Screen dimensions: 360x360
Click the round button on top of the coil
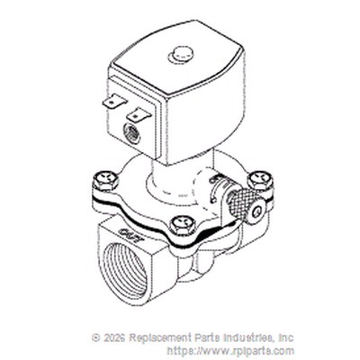tap(181, 55)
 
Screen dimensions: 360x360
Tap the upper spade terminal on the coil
tap(114, 101)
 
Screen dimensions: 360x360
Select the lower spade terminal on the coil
tap(139, 114)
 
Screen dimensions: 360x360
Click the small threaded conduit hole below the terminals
tap(131, 133)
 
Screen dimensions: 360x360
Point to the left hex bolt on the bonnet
tap(105, 180)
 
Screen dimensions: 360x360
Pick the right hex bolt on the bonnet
tap(260, 180)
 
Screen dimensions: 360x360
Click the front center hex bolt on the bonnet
tap(182, 225)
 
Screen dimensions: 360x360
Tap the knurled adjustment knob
tap(241, 204)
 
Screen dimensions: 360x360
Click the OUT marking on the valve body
tap(130, 235)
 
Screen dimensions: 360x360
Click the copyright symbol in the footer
tap(96, 337)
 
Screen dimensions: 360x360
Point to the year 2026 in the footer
tap(114, 337)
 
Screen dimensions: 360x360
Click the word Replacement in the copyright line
tap(158, 338)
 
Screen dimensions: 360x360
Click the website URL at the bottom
tap(230, 350)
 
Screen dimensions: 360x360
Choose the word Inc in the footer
tap(286, 337)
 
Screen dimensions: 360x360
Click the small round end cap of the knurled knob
tap(256, 211)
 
